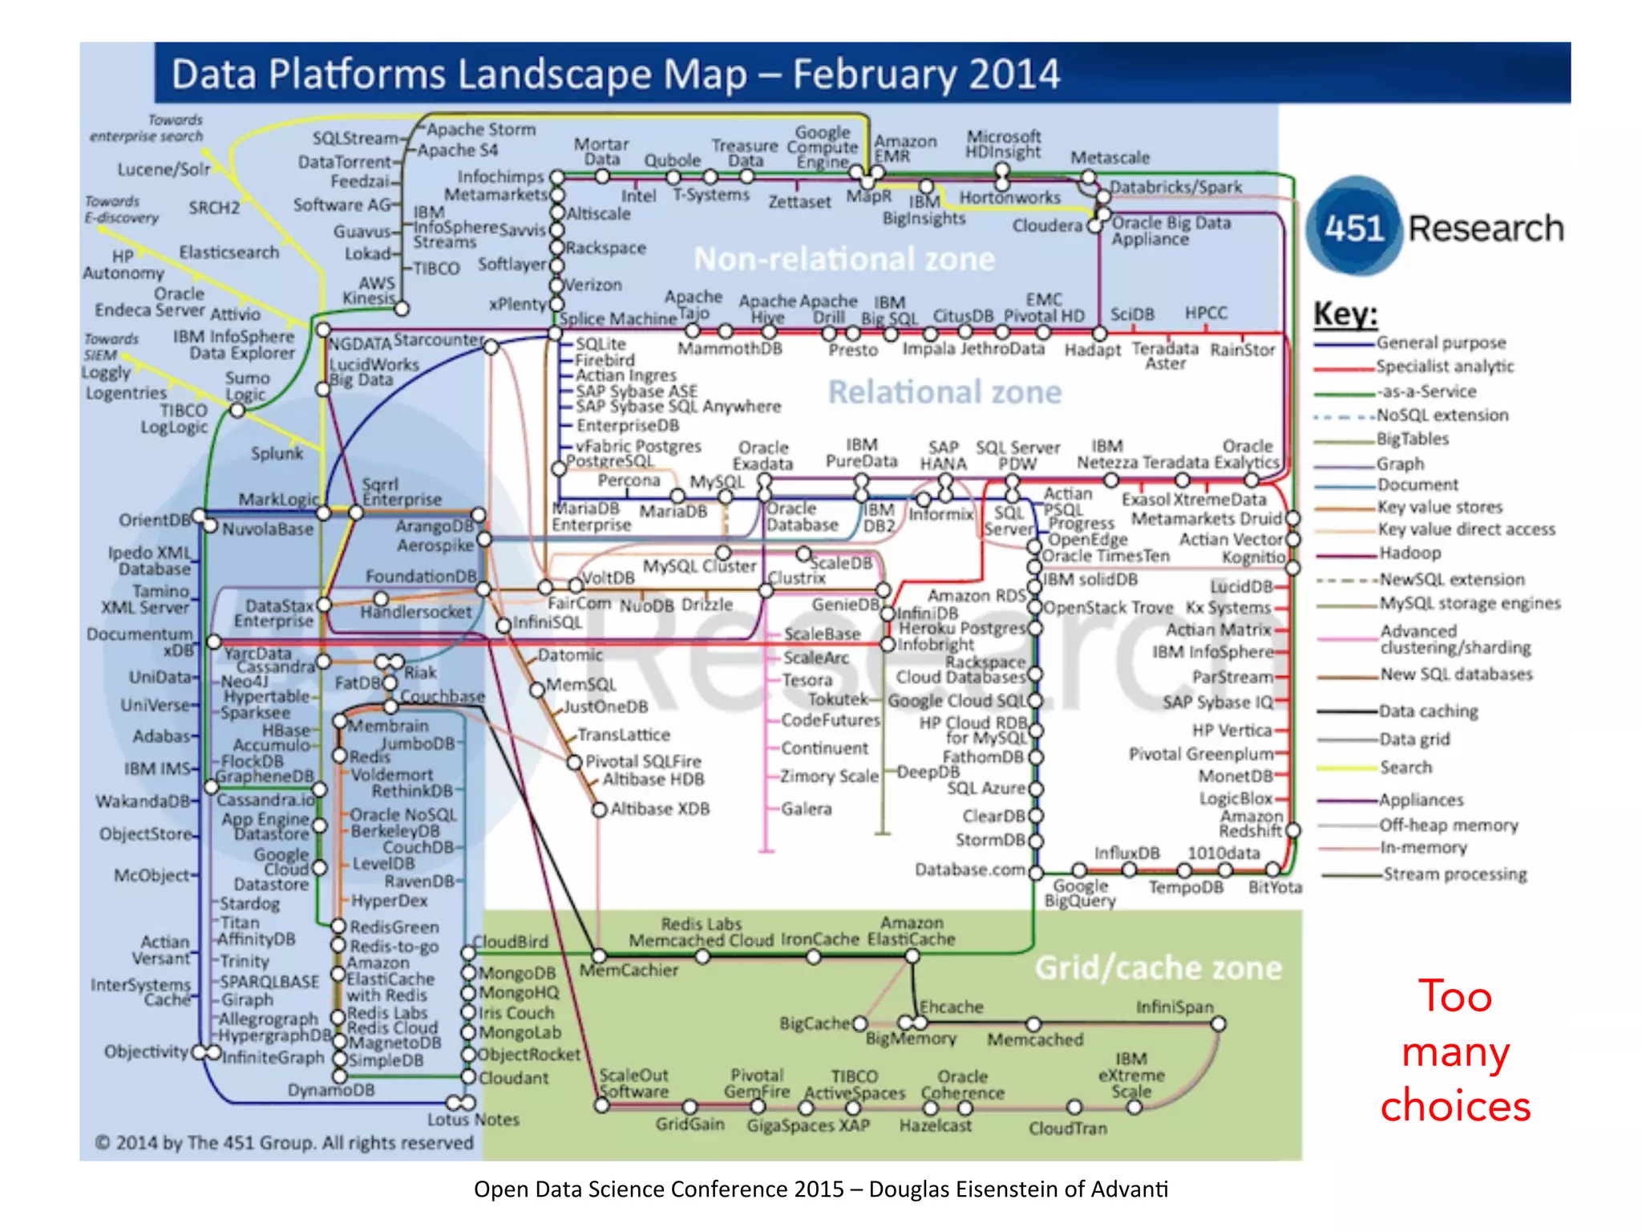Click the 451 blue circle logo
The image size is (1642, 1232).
[x=1353, y=228]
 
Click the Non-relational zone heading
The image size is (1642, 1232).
[x=843, y=259]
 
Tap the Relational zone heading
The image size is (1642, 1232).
[x=944, y=392]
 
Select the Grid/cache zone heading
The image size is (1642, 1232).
[x=1158, y=968]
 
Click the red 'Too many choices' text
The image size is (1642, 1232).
[x=1454, y=1051]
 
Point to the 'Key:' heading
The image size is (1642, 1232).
[x=1345, y=314]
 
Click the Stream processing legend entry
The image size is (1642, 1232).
[x=1454, y=874]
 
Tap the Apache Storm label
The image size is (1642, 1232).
[x=480, y=129]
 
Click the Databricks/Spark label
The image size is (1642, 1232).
[x=1175, y=187]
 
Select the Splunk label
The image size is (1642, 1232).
[x=277, y=453]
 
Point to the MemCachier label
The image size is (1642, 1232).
[x=629, y=971]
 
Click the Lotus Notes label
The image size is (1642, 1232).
[x=473, y=1120]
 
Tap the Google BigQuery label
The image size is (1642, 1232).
[x=1079, y=893]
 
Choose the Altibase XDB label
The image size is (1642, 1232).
[x=659, y=809]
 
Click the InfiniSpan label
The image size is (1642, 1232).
[x=1175, y=1007]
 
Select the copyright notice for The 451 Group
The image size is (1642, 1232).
[x=284, y=1143]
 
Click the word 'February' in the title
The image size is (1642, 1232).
[x=875, y=75]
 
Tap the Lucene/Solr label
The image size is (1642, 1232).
[x=164, y=169]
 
